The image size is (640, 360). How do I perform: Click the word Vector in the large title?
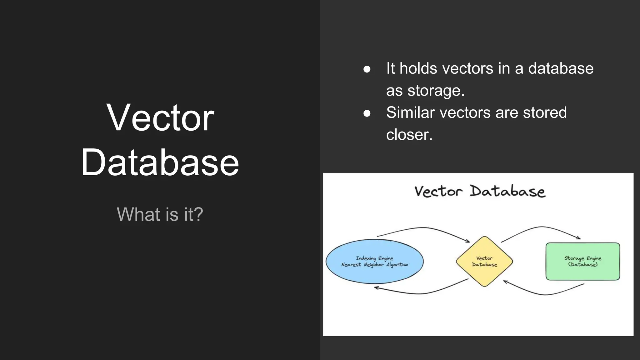(x=160, y=118)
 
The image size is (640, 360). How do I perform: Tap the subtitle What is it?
(x=160, y=214)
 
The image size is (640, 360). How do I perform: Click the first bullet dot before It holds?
(x=367, y=69)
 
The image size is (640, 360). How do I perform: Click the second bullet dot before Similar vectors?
(x=367, y=113)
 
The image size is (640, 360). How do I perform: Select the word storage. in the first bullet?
(x=436, y=91)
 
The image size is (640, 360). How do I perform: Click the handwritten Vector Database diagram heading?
(x=480, y=191)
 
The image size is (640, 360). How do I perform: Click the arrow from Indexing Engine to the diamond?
(x=423, y=228)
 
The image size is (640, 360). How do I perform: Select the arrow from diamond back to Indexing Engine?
(x=422, y=293)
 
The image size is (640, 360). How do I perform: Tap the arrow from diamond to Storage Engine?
(x=542, y=227)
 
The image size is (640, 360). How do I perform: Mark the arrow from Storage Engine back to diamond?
(x=545, y=294)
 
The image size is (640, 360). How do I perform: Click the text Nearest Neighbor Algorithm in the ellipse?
(x=374, y=265)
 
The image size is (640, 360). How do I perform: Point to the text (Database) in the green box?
(x=582, y=264)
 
